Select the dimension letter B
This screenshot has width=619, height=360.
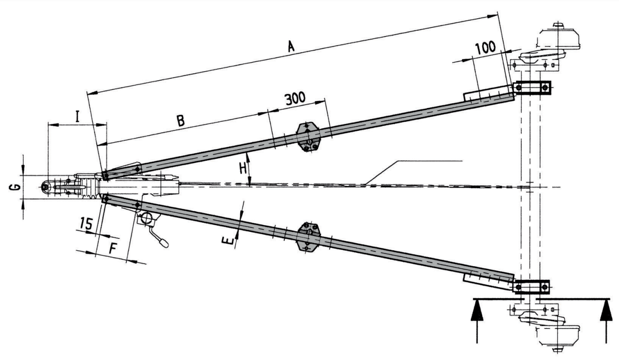tap(181, 120)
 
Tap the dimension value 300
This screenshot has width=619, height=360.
tap(295, 98)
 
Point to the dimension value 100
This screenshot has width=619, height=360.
tap(486, 47)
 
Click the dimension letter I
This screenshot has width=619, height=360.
tap(77, 117)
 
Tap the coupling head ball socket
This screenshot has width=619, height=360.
tap(46, 187)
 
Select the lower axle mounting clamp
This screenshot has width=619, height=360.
tap(531, 287)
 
